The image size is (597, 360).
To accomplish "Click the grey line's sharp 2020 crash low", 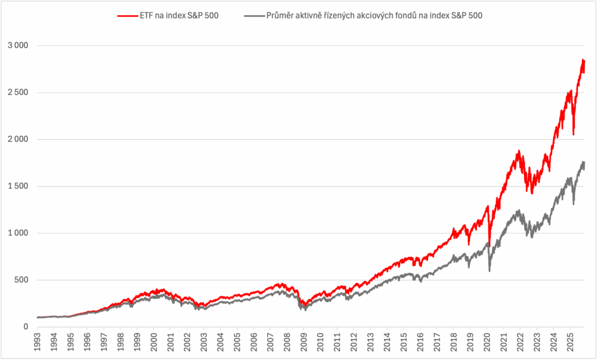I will pos(490,271).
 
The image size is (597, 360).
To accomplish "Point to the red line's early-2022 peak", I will pos(518,151).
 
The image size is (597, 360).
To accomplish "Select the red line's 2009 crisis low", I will pos(304,306).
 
